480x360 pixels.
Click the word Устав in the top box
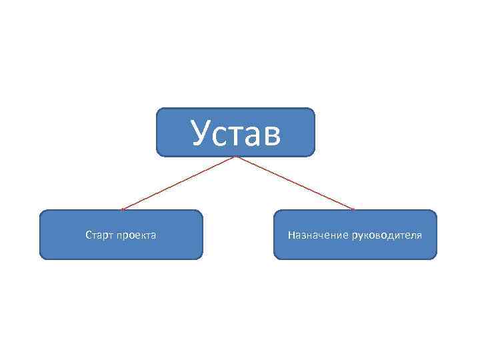tap(235, 132)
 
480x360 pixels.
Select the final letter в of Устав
tap(272, 135)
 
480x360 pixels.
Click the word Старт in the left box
tap(99, 235)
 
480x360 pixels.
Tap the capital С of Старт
tap(88, 235)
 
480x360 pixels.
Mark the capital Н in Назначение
tap(291, 235)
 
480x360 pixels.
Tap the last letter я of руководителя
tap(419, 236)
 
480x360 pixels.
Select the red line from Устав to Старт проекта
tap(179, 183)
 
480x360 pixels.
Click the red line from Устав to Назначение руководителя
tap(294, 183)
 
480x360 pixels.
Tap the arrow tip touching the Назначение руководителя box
tap(353, 209)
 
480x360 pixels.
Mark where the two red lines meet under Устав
tap(235, 157)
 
